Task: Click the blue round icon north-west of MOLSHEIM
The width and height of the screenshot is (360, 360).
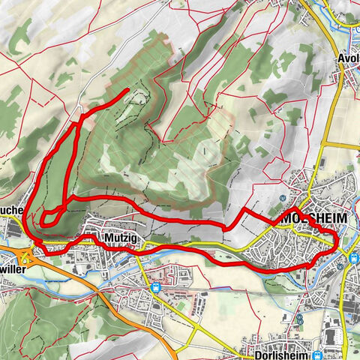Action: coord(281,197)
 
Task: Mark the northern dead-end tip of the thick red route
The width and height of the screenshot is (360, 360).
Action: coord(127,91)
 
